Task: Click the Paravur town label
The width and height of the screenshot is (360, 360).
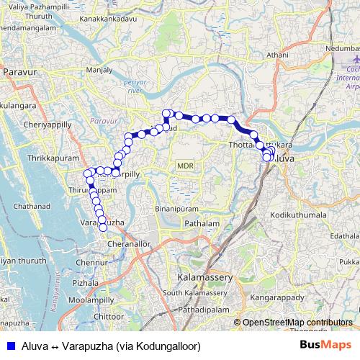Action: pyautogui.click(x=20, y=72)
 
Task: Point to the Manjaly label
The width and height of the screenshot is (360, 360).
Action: pyautogui.click(x=99, y=71)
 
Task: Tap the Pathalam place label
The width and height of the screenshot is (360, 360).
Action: pyautogui.click(x=202, y=225)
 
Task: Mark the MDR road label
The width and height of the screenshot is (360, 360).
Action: pyautogui.click(x=185, y=166)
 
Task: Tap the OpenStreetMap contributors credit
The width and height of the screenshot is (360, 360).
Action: pyautogui.click(x=297, y=323)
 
